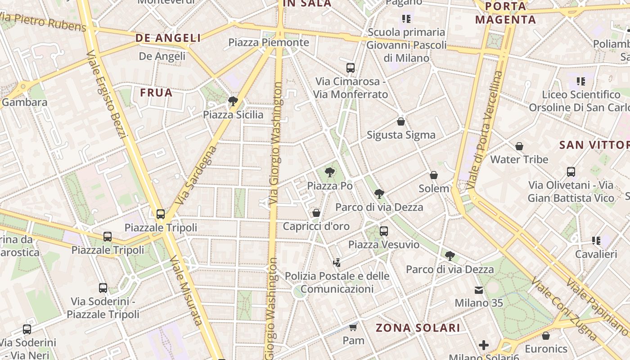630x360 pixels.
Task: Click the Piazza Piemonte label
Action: (x=269, y=43)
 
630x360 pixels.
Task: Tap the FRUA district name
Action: (x=156, y=93)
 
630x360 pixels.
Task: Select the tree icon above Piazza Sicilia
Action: (x=233, y=101)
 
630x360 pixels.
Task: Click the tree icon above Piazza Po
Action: (x=330, y=172)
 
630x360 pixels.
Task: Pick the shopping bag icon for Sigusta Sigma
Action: (x=401, y=121)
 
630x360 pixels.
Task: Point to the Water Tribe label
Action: (x=519, y=159)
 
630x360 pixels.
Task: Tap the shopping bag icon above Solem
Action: (x=434, y=175)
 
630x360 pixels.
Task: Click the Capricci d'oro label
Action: (x=316, y=226)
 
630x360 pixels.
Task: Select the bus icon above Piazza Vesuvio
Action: (x=384, y=231)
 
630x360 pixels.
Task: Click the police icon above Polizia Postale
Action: (x=337, y=262)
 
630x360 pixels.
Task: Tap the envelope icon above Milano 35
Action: (x=479, y=290)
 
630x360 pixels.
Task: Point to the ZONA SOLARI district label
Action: (x=418, y=328)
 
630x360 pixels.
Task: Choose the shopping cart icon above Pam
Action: (x=353, y=327)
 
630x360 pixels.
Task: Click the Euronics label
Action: (x=546, y=349)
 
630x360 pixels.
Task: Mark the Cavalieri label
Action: (x=596, y=254)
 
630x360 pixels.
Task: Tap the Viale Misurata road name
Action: (x=186, y=290)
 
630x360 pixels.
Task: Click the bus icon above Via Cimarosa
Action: (x=351, y=68)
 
